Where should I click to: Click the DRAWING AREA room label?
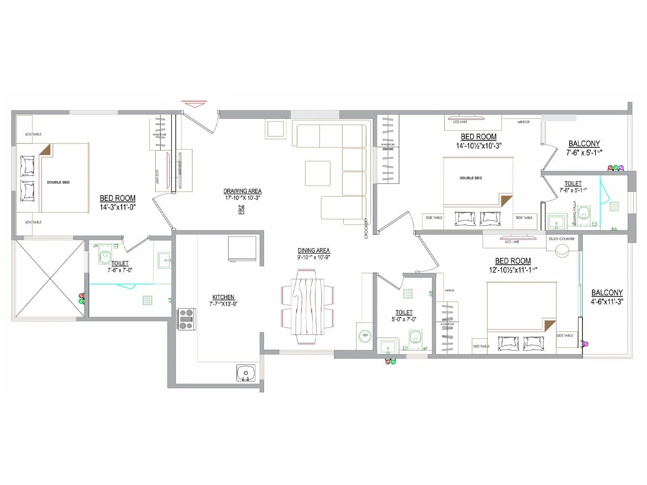click(242, 191)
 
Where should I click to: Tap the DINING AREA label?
click(314, 251)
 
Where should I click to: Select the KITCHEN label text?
click(223, 297)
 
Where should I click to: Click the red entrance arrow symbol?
click(194, 104)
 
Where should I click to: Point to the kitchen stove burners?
click(186, 319)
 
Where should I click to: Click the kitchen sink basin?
click(246, 373)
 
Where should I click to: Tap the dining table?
click(308, 306)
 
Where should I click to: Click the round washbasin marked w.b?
click(365, 335)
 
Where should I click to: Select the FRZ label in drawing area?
click(241, 209)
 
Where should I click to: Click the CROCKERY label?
click(366, 228)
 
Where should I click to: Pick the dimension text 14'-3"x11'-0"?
click(118, 207)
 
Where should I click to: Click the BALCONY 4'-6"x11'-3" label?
click(607, 297)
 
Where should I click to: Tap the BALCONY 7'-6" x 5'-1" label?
click(584, 148)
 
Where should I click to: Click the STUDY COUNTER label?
click(561, 239)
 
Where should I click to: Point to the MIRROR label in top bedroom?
click(523, 122)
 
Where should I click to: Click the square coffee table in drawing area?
click(318, 173)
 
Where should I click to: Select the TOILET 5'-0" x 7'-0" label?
click(404, 315)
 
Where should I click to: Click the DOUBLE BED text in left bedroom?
click(58, 182)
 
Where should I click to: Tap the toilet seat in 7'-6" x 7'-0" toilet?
click(105, 256)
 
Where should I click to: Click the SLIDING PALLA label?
click(575, 213)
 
